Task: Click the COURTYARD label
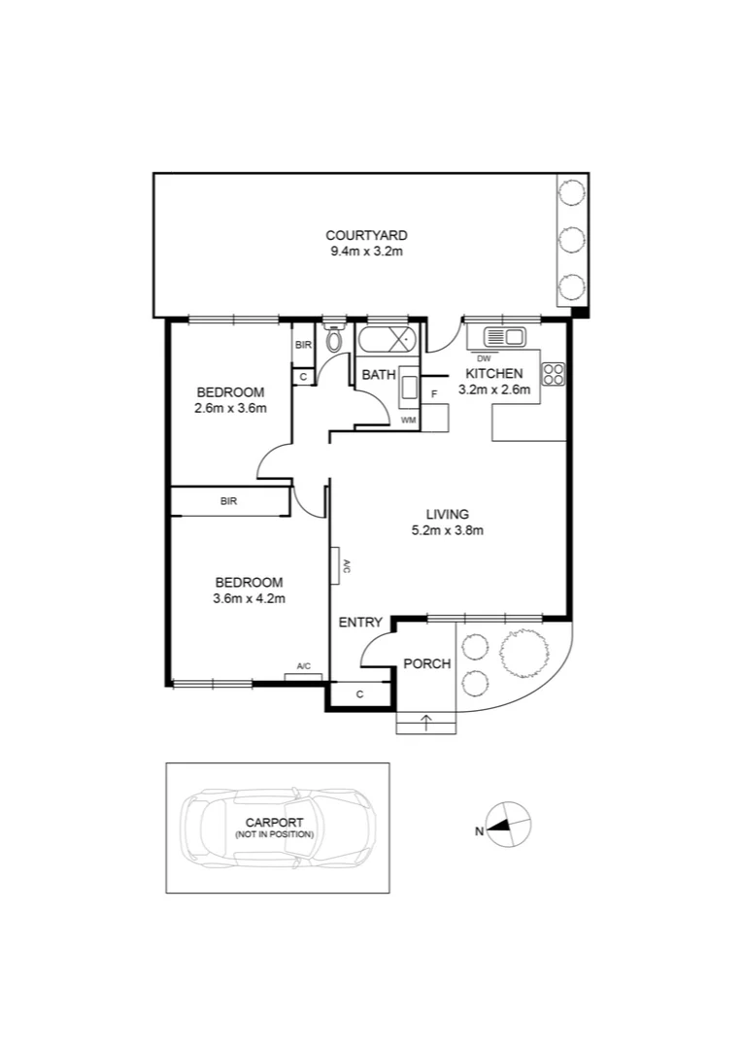pos(365,235)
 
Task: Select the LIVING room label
pos(447,514)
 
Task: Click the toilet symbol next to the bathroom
pos(335,340)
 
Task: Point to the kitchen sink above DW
pos(503,337)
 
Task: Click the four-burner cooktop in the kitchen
pos(554,374)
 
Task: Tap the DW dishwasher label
pos(483,357)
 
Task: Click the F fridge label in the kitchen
pos(434,393)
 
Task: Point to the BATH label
pos(377,374)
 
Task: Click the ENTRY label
pos(360,623)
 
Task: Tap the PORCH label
pos(426,664)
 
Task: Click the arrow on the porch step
pos(424,722)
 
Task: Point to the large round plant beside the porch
pos(523,652)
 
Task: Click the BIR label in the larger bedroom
pos(228,501)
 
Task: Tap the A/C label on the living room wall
pos(344,566)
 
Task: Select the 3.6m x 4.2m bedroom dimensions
pos(249,598)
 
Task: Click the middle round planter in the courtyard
pos(571,238)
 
